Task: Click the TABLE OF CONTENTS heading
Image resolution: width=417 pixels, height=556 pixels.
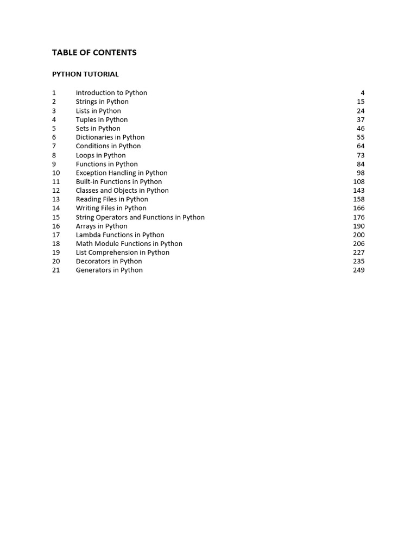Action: tap(94, 53)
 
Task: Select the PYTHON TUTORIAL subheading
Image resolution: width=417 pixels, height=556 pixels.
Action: tap(85, 74)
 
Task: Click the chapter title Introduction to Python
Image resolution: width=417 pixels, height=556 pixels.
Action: tap(111, 93)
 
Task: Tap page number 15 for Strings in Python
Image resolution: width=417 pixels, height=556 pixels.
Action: tap(361, 102)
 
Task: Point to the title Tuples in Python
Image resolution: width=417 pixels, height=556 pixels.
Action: tap(102, 119)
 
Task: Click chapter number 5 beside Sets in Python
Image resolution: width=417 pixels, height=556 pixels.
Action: tap(54, 128)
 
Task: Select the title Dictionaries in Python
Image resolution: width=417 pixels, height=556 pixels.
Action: tap(110, 137)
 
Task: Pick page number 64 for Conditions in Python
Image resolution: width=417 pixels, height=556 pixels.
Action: tap(361, 146)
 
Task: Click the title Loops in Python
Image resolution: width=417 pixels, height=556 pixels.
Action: tap(100, 155)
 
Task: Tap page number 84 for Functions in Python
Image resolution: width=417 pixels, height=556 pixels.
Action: tap(361, 164)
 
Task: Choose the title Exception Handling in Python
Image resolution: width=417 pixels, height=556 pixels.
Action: tap(122, 173)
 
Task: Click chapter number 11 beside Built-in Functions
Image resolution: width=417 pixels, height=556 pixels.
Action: tap(56, 181)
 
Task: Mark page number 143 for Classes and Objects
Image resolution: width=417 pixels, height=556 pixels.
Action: tap(358, 191)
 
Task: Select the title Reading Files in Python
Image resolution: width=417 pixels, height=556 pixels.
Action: tap(112, 199)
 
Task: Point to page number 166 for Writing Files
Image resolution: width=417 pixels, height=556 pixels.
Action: tap(358, 208)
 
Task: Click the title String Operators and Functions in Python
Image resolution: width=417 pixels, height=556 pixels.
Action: tap(140, 217)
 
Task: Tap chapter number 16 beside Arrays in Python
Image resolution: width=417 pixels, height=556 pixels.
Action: tap(56, 226)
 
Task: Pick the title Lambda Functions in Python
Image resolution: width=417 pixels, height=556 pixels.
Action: tap(120, 235)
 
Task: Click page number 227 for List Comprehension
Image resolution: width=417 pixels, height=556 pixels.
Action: tap(358, 252)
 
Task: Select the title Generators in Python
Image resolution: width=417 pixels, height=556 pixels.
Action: tap(109, 270)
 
